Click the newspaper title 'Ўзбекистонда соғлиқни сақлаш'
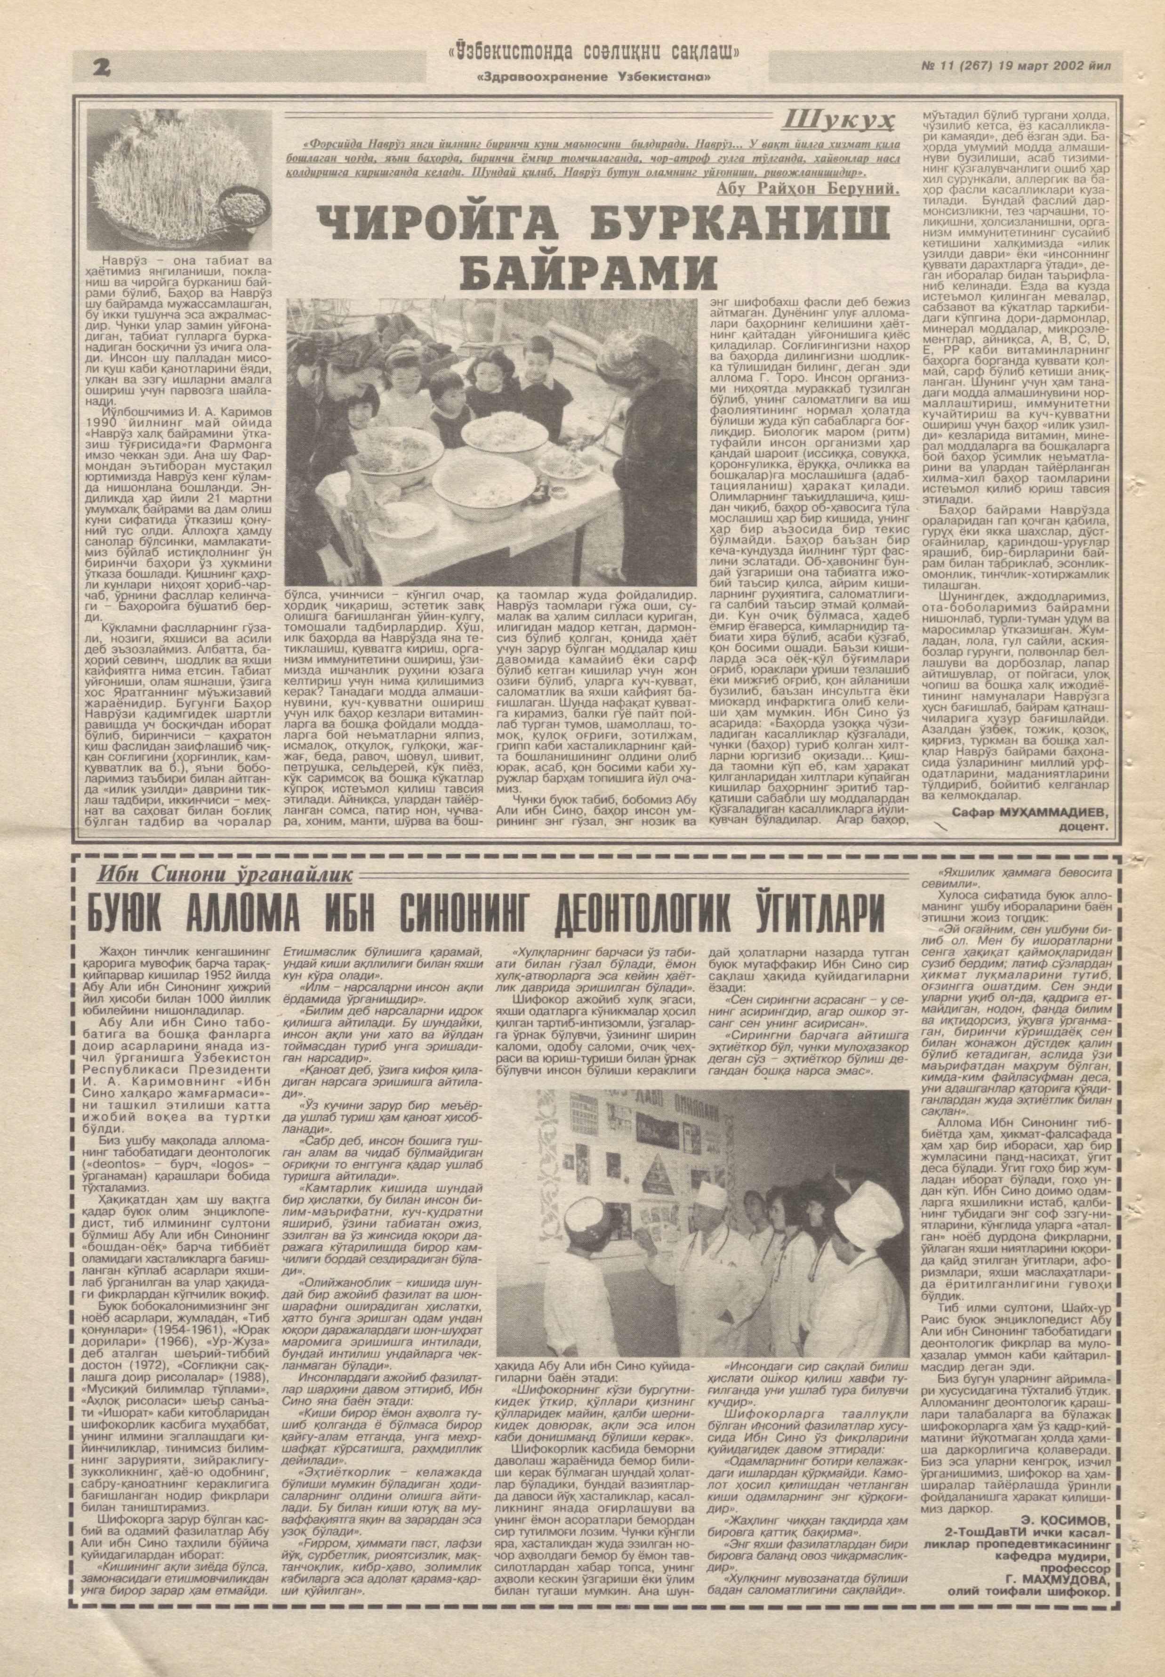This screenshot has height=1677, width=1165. pos(595,53)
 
